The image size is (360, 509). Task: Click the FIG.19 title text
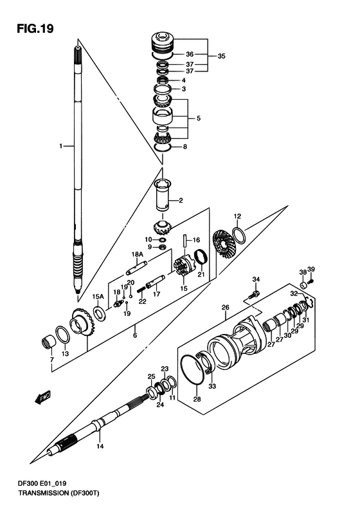[x=35, y=29]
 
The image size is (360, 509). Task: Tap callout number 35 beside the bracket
[x=221, y=56]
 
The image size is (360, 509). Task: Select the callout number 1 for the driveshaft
[x=60, y=147]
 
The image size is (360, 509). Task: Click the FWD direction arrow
[x=42, y=397]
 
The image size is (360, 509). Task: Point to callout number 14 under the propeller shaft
[x=100, y=447]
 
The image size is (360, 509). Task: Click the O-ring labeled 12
[x=239, y=236]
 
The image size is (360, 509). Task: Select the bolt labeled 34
[x=254, y=295]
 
